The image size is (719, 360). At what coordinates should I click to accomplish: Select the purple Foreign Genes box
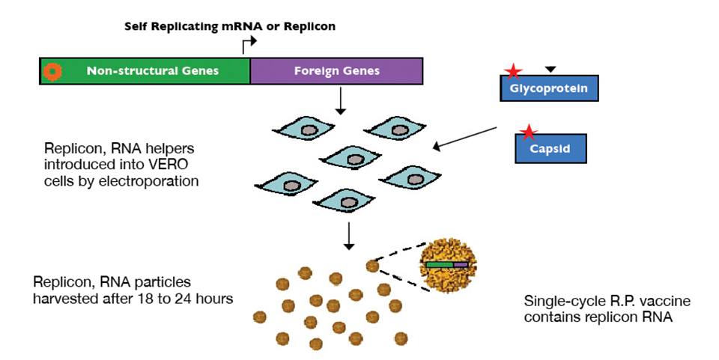(x=336, y=71)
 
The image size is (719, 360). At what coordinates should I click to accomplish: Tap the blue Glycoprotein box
(x=549, y=88)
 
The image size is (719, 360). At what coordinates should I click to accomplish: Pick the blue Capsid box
(x=550, y=148)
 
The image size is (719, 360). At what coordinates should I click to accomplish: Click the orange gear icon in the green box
(x=52, y=71)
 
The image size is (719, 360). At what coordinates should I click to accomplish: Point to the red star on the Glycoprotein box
(x=513, y=72)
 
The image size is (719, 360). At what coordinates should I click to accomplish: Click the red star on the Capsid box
(x=529, y=133)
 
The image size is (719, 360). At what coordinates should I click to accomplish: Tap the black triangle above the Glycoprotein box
(x=550, y=69)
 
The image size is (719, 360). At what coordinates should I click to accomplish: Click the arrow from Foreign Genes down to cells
(x=341, y=101)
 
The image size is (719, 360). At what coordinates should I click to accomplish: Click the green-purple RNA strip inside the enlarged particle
(x=448, y=264)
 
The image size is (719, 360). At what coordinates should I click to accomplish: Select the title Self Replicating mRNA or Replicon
(x=230, y=26)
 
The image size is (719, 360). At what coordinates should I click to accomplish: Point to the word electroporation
(x=152, y=180)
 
